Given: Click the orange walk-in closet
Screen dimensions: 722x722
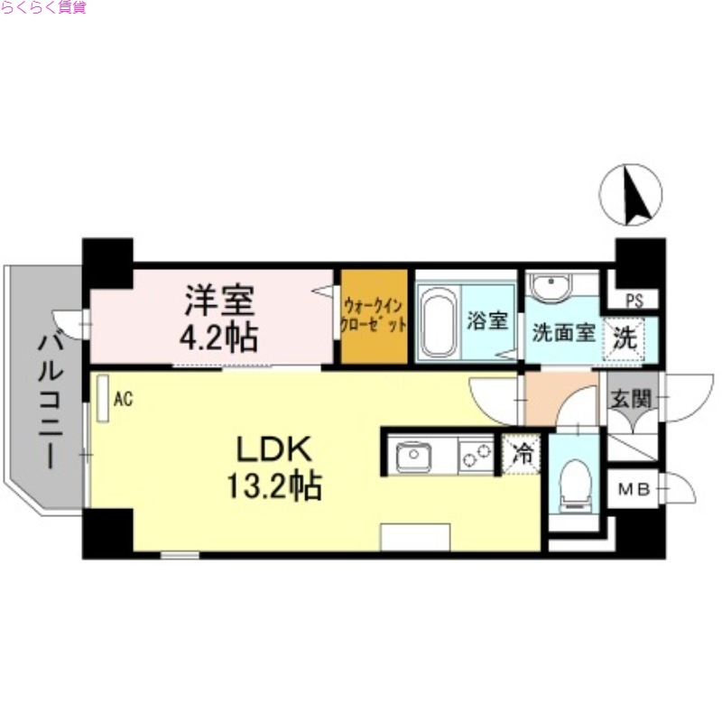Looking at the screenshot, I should pos(373,316).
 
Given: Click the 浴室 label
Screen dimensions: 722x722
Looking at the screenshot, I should pos(487,320).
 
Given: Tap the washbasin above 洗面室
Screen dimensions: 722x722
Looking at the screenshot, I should pos(550,289).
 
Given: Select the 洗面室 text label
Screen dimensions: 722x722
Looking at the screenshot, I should pos(562,332).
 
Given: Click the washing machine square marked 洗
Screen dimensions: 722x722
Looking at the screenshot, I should pos(625,338).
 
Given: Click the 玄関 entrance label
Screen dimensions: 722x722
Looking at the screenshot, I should pos(629,398).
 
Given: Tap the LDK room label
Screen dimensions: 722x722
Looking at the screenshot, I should pos(273,448).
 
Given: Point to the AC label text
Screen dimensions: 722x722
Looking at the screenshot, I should pos(124,397).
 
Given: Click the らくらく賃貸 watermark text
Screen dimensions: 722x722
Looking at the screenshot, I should pos(43,9).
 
